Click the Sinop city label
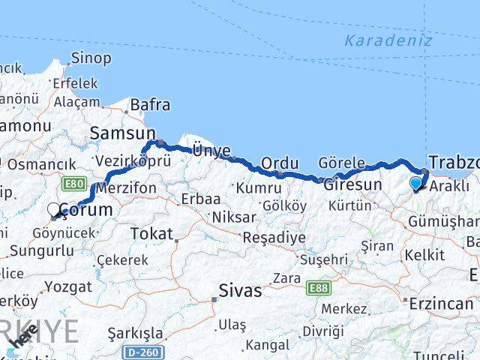[91, 58]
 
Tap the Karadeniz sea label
[388, 40]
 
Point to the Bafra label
[150, 106]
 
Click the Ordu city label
[280, 163]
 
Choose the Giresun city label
[352, 184]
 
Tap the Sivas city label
[240, 290]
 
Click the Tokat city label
[151, 234]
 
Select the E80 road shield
[74, 184]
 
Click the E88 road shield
[315, 286]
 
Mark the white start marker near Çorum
[55, 211]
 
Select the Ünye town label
[211, 151]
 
